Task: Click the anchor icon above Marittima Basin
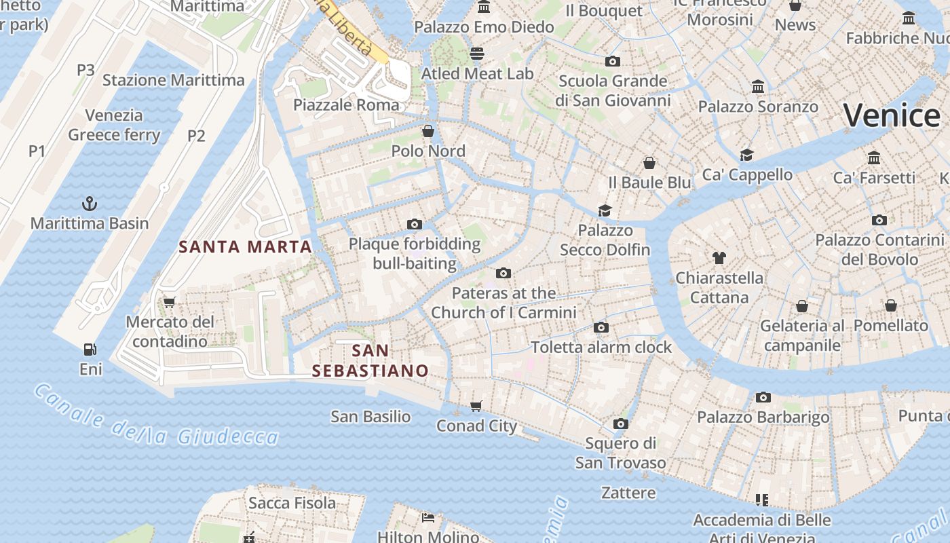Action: tap(89, 203)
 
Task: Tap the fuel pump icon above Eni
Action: tap(90, 350)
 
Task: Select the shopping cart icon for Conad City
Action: tap(476, 406)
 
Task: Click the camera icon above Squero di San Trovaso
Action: tap(620, 424)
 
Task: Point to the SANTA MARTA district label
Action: tap(245, 246)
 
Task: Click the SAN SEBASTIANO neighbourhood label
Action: tap(370, 360)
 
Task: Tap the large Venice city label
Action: tap(891, 115)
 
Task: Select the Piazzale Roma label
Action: tap(346, 105)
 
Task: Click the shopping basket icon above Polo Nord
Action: tap(428, 130)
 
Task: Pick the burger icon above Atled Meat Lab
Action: tap(477, 53)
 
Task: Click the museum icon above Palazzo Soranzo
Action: tap(758, 87)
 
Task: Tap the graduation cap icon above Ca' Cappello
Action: tap(747, 155)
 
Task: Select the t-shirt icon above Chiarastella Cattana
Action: tap(719, 258)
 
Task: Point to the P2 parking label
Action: tap(196, 136)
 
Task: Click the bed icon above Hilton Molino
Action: tap(428, 517)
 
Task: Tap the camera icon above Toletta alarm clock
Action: tap(601, 327)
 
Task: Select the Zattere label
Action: tap(628, 493)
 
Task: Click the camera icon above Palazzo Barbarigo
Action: tap(763, 397)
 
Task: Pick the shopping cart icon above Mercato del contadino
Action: tap(170, 302)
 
